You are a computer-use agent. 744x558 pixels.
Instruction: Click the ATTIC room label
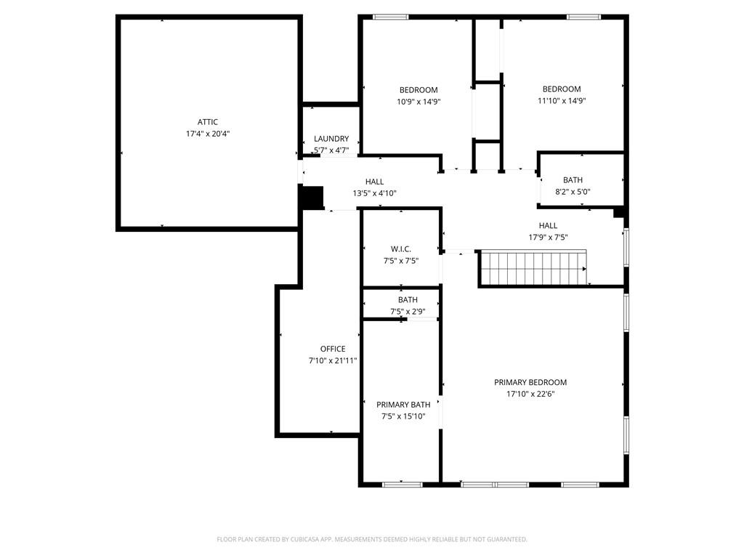pyautogui.click(x=208, y=122)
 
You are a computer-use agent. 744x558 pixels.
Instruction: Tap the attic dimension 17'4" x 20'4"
pyautogui.click(x=208, y=134)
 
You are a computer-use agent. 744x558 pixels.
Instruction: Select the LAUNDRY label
pyautogui.click(x=331, y=139)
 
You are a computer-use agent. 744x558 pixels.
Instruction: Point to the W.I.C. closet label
pyautogui.click(x=400, y=248)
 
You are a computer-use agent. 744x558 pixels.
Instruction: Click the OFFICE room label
pyautogui.click(x=333, y=349)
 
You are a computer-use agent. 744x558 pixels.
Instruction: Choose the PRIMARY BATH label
pyautogui.click(x=403, y=405)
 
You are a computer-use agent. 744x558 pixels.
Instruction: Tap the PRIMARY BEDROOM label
pyautogui.click(x=530, y=382)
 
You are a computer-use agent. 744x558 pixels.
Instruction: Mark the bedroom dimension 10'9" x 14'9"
pyautogui.click(x=418, y=102)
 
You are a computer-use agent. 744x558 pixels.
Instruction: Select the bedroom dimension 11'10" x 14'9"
pyautogui.click(x=562, y=101)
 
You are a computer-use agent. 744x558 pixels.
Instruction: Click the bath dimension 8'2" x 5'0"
pyautogui.click(x=573, y=192)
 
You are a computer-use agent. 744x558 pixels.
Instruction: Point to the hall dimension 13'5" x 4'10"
pyautogui.click(x=374, y=193)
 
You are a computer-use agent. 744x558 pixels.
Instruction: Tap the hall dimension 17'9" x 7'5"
pyautogui.click(x=548, y=238)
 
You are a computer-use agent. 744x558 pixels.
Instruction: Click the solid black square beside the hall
pyautogui.click(x=312, y=198)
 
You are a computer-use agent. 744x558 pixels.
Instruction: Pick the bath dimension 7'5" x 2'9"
pyautogui.click(x=408, y=312)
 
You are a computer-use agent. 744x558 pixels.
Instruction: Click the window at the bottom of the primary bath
pyautogui.click(x=402, y=484)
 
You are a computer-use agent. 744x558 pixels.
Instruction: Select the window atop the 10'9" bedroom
pyautogui.click(x=390, y=17)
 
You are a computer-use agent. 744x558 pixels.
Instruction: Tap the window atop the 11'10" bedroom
pyautogui.click(x=583, y=17)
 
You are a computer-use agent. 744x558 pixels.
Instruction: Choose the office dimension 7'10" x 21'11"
pyautogui.click(x=333, y=360)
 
